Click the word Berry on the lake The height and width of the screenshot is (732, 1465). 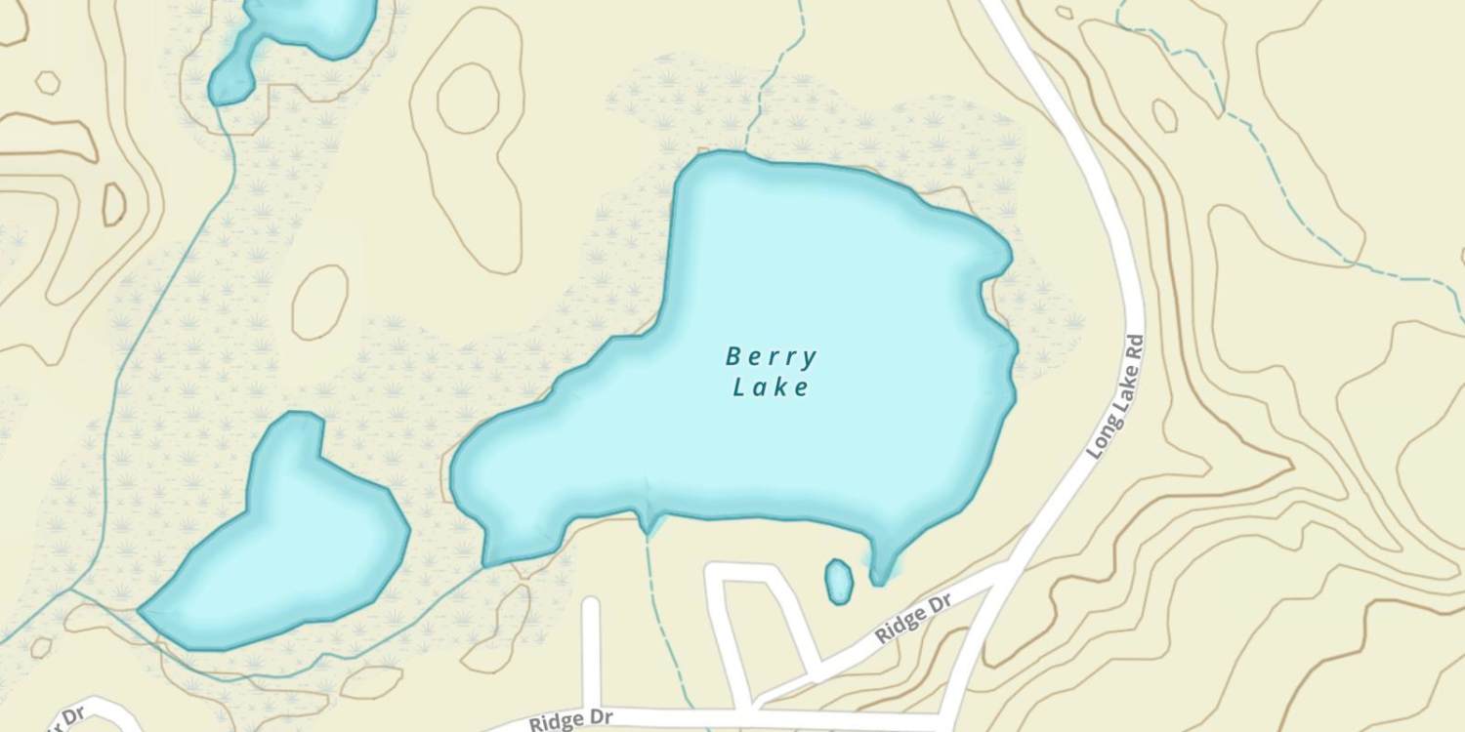coord(771,357)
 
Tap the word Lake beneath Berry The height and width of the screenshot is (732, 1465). coord(771,388)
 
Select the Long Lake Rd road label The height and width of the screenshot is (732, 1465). coord(1114,397)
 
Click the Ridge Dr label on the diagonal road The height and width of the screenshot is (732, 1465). coord(913,620)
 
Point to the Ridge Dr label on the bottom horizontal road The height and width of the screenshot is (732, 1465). coord(570,719)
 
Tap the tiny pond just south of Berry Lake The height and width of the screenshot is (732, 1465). coord(838,581)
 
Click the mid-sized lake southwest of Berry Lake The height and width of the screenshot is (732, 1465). coord(283,547)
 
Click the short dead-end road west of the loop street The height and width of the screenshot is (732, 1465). coord(590,649)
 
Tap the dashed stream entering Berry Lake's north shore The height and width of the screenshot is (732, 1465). coord(772,78)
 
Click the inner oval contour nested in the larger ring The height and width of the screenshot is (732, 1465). coord(468,98)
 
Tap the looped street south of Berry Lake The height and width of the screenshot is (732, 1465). coord(762,625)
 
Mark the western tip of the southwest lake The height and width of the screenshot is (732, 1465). coord(142,612)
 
